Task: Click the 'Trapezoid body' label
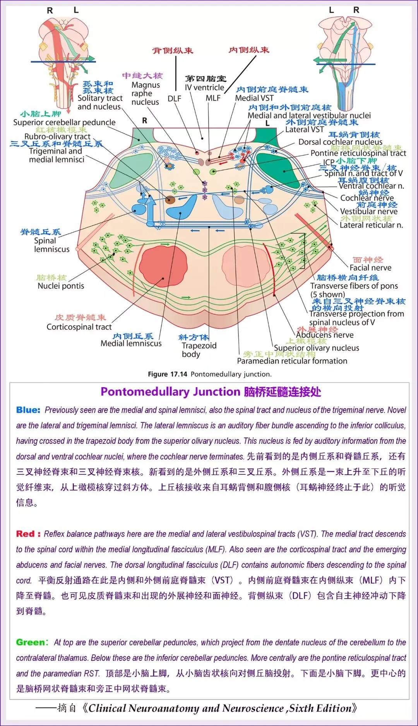199,350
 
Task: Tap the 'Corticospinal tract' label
79,327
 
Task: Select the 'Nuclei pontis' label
61,286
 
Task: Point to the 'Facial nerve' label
370,268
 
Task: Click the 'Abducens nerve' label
325,335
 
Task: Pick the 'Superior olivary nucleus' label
316,348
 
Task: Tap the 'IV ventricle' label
204,88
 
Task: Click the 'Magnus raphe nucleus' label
145,93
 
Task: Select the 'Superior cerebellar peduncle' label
64,122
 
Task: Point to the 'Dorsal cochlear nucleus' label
340,142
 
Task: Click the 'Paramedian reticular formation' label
292,361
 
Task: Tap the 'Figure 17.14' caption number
168,374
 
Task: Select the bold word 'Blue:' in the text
28,410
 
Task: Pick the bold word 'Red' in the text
26,534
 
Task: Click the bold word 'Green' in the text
30,642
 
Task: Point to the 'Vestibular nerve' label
368,211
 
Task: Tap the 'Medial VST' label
254,98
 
